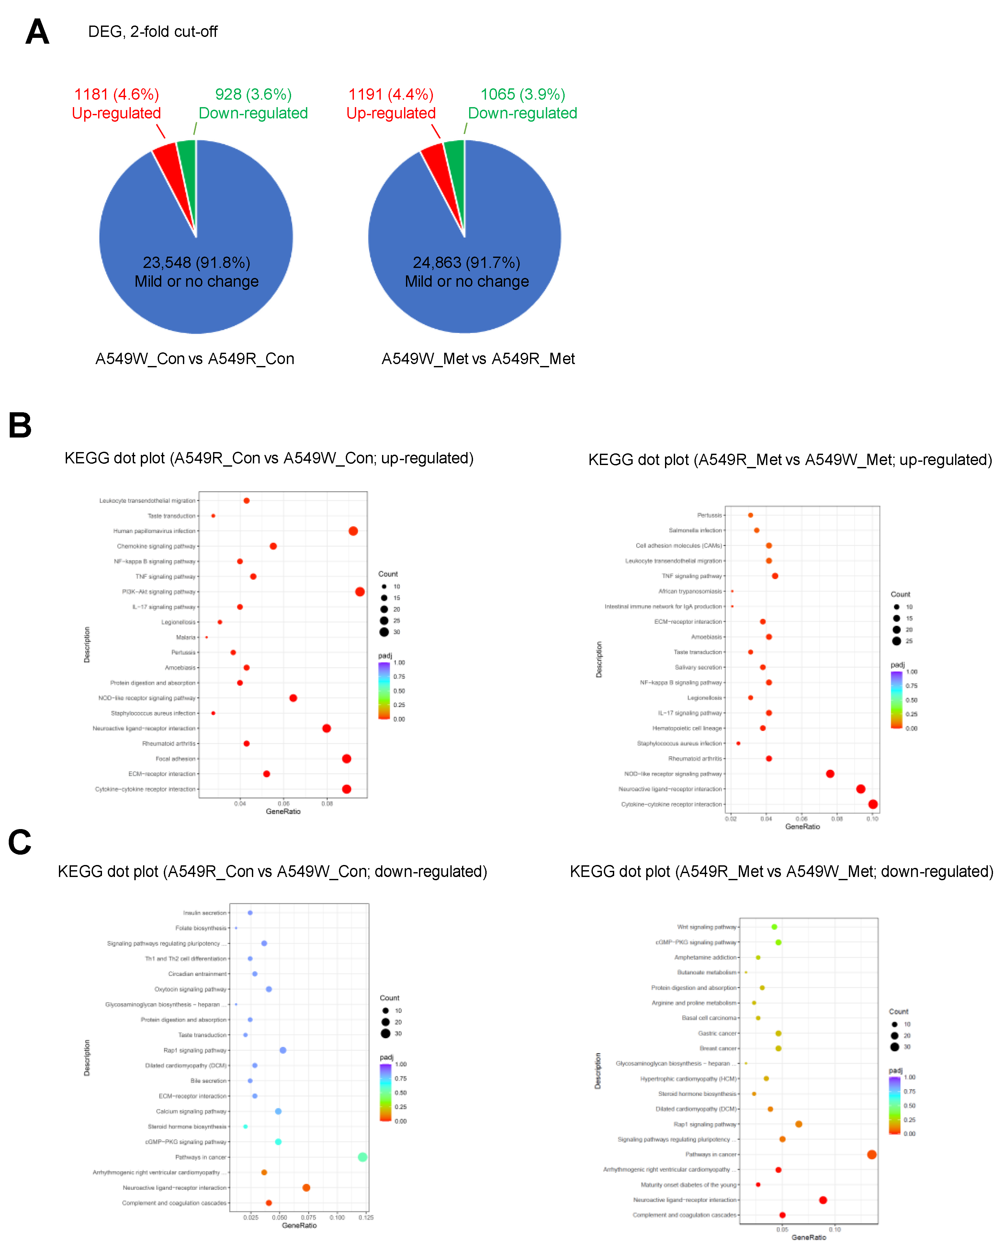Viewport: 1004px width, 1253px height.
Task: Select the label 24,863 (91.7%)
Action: tap(466, 263)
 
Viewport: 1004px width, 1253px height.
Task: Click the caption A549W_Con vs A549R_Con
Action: tap(195, 359)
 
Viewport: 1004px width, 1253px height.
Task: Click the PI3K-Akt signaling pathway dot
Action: tap(360, 592)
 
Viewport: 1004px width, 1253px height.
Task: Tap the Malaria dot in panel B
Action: tap(206, 638)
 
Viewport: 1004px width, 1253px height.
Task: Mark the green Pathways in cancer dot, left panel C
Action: tap(362, 1157)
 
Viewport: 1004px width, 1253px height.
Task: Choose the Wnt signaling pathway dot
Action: tap(774, 927)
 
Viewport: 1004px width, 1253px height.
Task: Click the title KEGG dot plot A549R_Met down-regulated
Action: tap(781, 872)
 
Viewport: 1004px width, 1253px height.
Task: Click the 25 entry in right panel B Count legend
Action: tap(909, 641)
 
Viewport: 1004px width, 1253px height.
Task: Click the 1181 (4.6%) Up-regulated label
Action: tap(116, 104)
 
